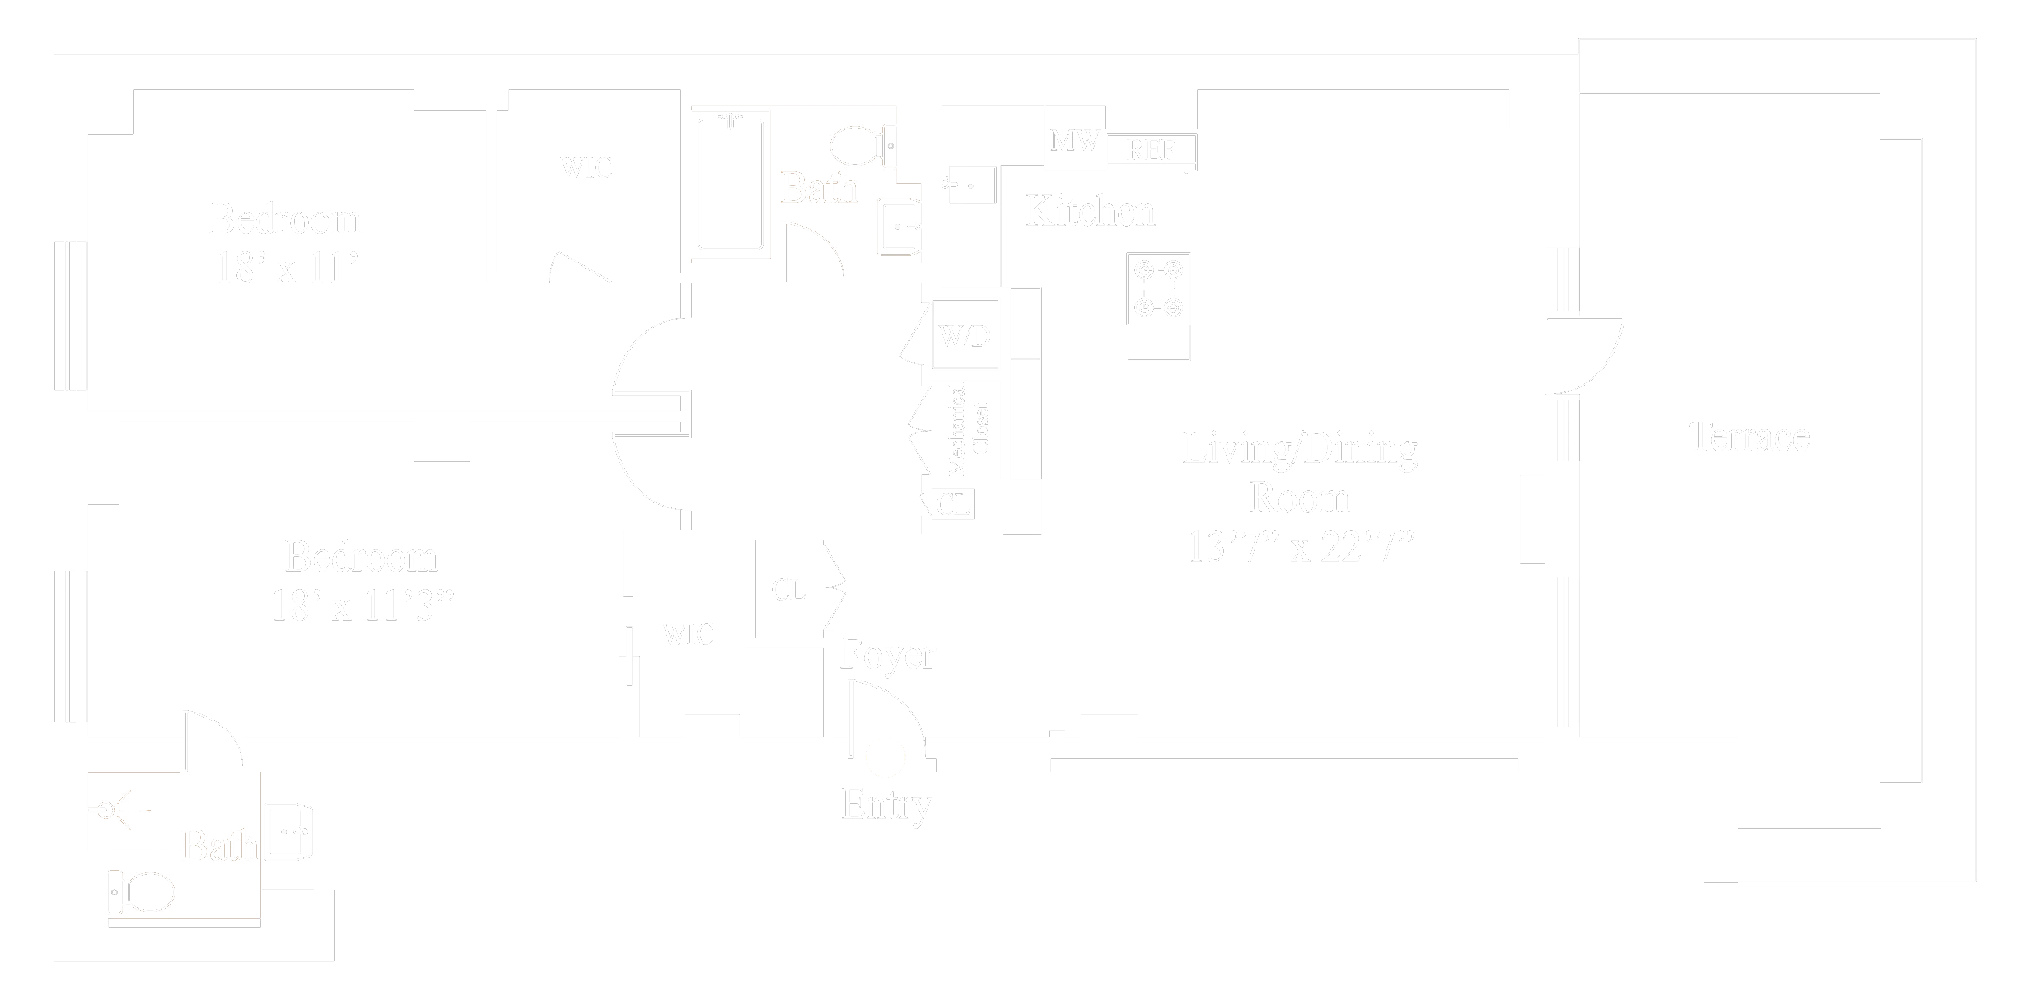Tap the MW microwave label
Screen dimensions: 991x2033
click(1074, 141)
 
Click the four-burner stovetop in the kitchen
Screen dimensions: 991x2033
click(1158, 289)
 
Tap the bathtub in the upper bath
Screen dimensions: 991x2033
click(730, 183)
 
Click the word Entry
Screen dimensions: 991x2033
click(886, 804)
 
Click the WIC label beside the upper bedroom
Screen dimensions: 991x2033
click(586, 168)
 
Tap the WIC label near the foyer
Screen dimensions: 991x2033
click(688, 634)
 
